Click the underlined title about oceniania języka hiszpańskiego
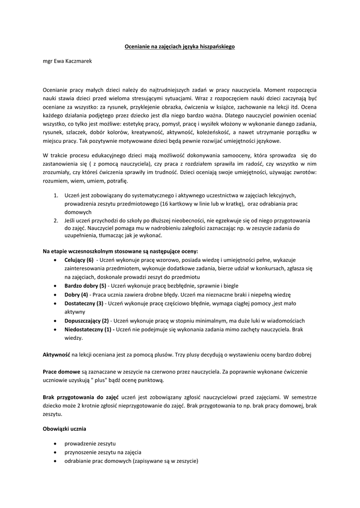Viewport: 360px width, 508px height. click(x=179, y=47)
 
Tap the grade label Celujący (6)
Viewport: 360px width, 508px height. click(x=78, y=260)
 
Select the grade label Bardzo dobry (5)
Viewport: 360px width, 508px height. click(x=85, y=286)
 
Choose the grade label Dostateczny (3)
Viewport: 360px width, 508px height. click(x=84, y=303)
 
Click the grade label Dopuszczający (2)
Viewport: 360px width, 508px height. click(x=86, y=320)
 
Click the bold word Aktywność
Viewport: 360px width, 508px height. click(x=57, y=355)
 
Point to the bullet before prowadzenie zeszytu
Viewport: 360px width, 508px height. click(x=54, y=444)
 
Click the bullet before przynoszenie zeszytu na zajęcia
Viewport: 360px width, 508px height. click(x=54, y=452)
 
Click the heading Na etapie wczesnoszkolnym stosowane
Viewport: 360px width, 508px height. click(x=120, y=252)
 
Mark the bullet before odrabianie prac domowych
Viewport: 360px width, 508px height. click(x=54, y=461)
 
